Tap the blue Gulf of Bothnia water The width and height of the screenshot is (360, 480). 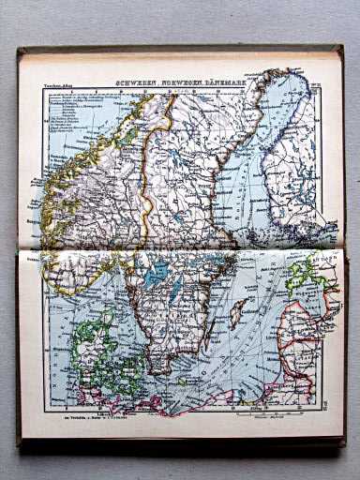253,159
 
